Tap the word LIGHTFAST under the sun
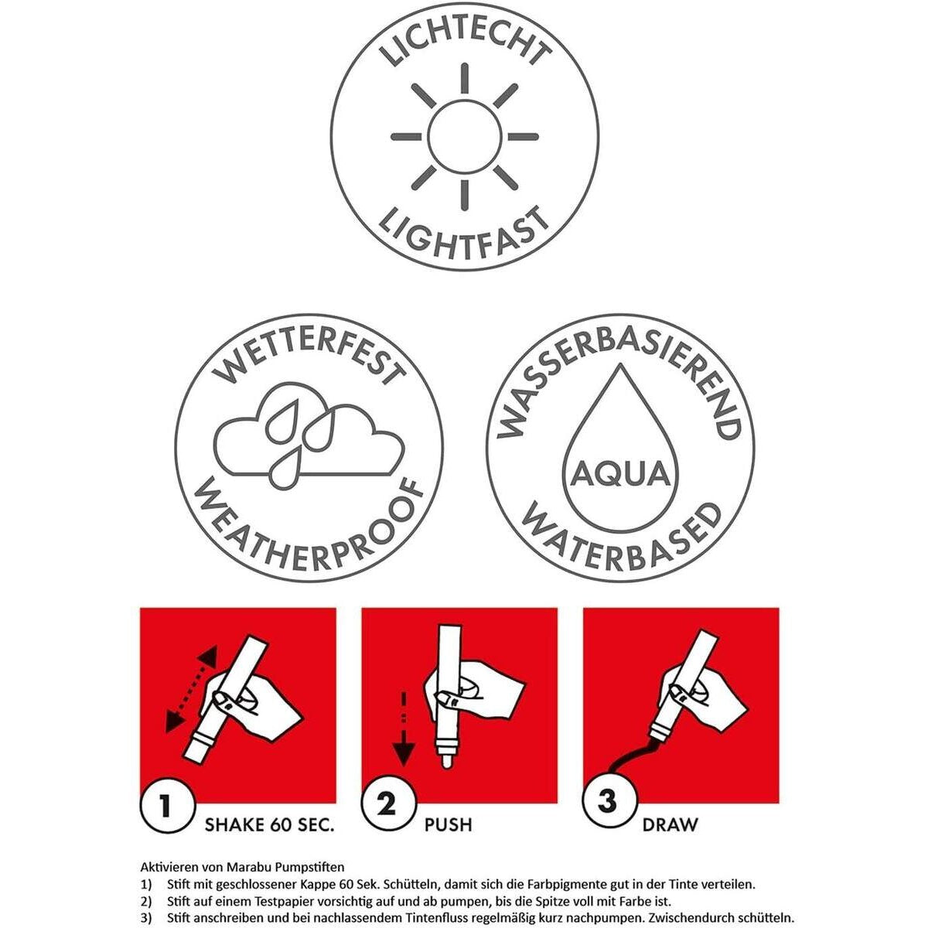coord(464,236)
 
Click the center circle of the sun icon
coord(464,137)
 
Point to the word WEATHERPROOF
coord(309,530)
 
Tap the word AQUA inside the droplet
coord(619,475)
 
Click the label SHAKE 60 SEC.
coord(269,825)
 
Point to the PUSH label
coord(448,825)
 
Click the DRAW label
coord(670,825)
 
